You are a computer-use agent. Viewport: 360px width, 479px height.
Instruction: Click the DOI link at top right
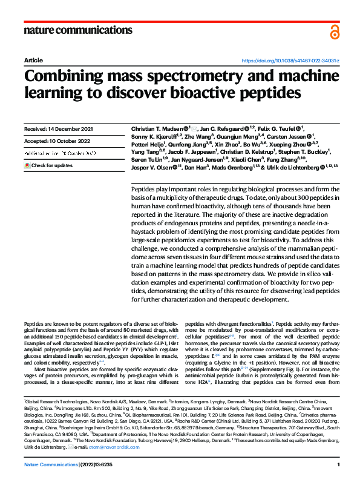(290, 61)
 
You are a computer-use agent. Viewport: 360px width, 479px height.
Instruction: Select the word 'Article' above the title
(33, 61)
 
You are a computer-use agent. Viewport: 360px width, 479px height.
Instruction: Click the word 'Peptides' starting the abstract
(142, 172)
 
